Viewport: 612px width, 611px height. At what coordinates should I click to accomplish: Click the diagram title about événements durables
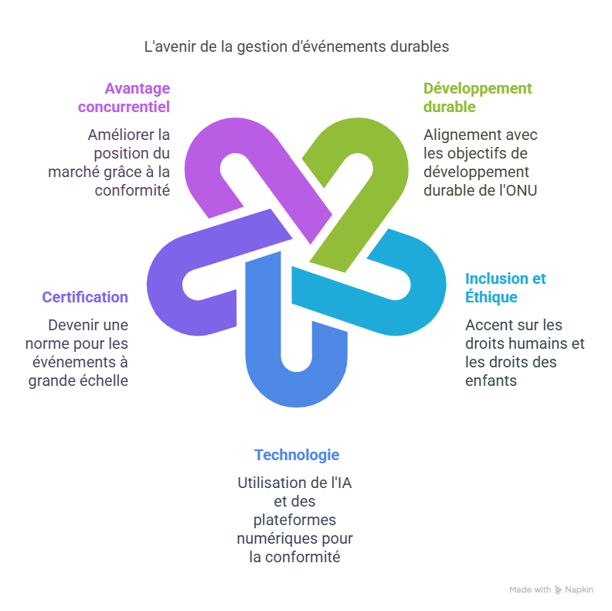[x=297, y=47]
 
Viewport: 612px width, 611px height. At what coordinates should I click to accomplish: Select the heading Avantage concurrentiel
[x=124, y=97]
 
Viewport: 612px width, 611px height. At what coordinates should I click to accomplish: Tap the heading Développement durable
[x=478, y=97]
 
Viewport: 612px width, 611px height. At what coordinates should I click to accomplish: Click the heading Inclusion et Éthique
[x=505, y=288]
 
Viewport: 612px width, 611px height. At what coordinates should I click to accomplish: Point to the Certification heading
[x=85, y=297]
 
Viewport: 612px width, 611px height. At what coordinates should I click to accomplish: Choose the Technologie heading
[x=297, y=455]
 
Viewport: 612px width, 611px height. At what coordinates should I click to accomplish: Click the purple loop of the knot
[x=205, y=155]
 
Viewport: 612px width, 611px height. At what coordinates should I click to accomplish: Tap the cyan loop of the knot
[x=421, y=286]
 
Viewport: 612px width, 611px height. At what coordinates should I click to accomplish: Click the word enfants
[x=491, y=381]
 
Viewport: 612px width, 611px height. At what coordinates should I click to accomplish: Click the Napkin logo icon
[x=559, y=590]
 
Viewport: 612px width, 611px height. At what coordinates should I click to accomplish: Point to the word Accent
[x=487, y=325]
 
